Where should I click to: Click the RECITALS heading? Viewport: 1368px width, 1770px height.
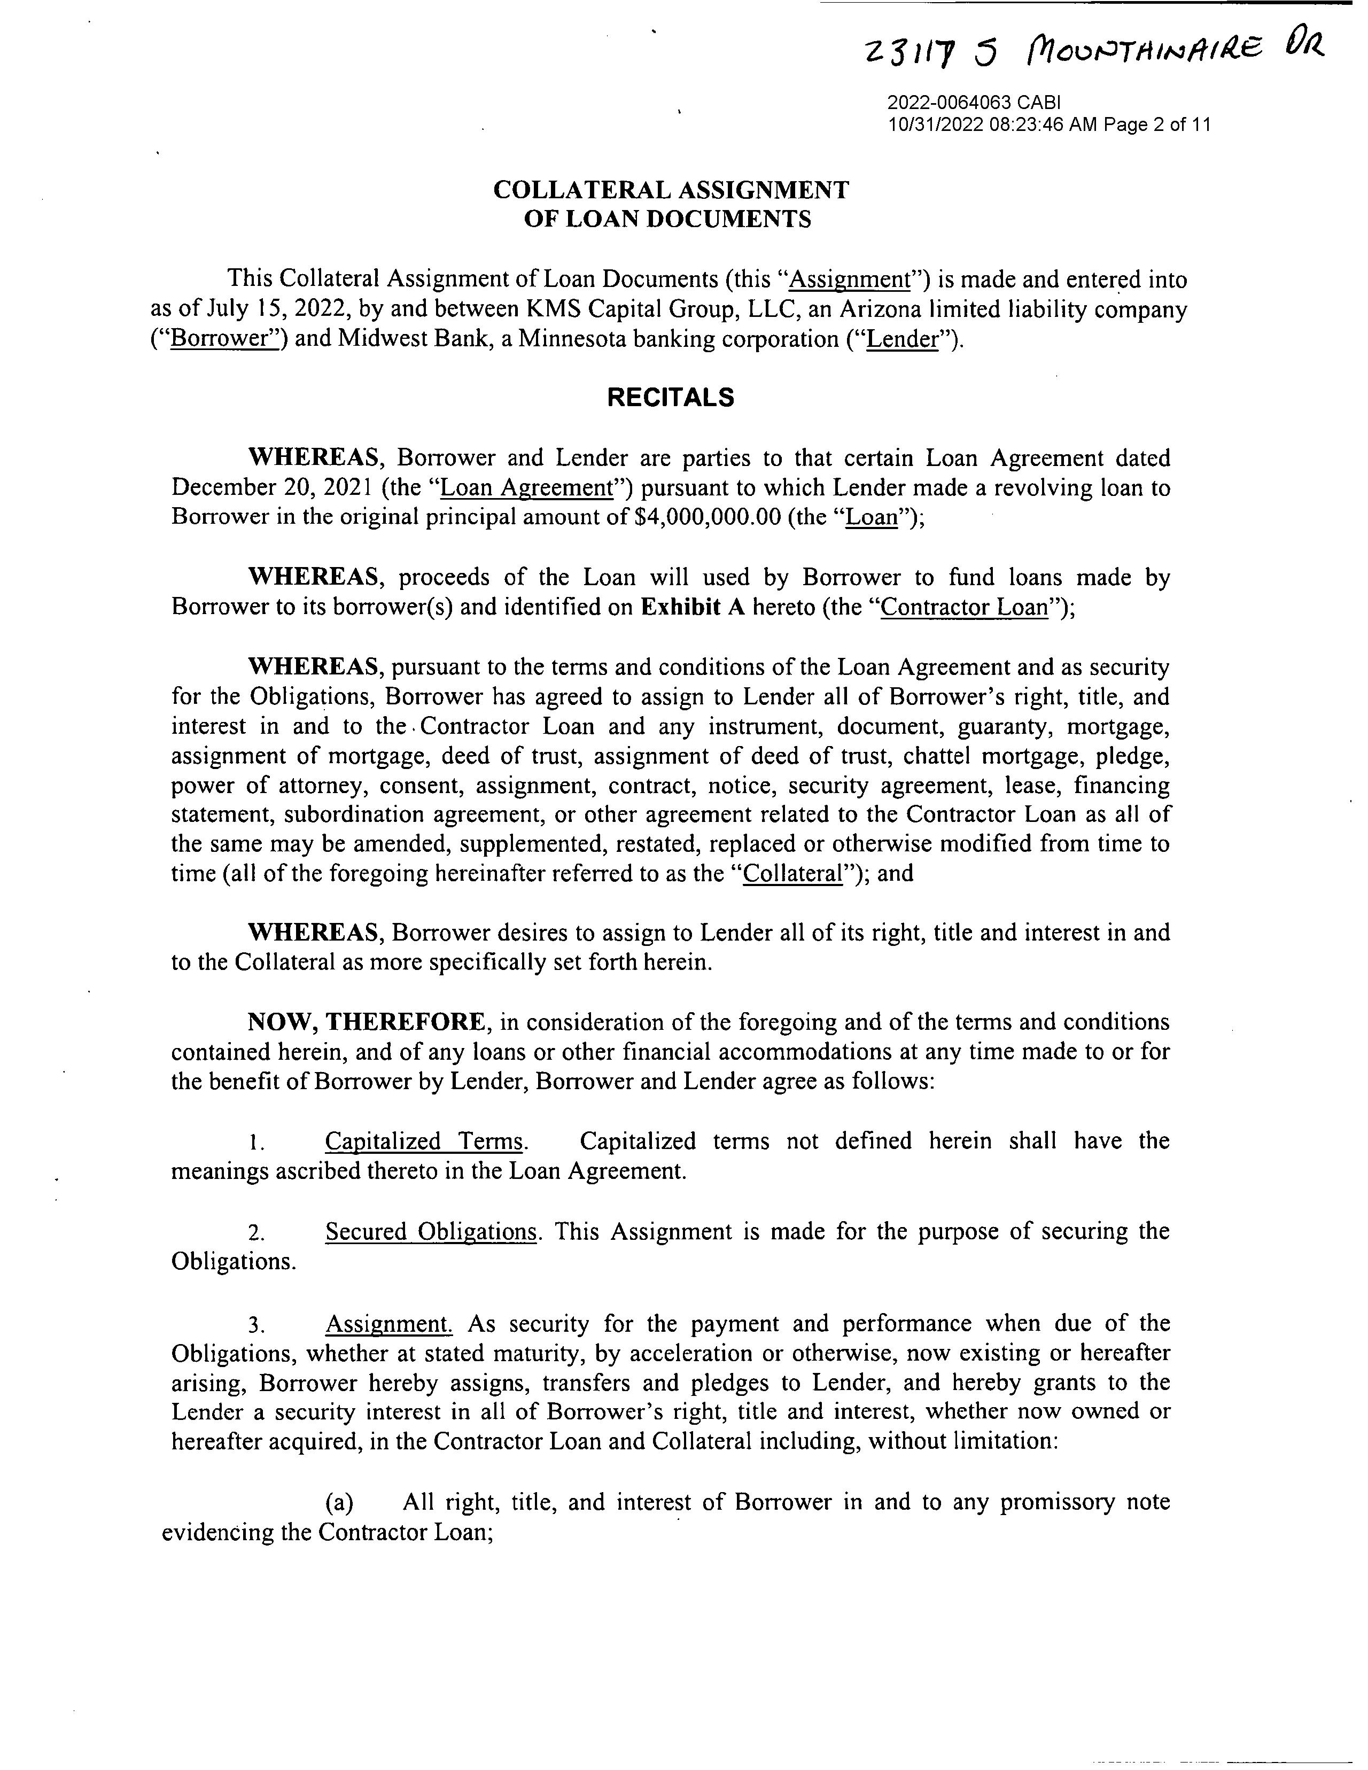pos(671,397)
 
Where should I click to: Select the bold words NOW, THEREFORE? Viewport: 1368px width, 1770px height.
pos(367,1022)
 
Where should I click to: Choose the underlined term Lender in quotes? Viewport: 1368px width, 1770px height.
pos(901,339)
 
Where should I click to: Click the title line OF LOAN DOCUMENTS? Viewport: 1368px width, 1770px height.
pos(667,220)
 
